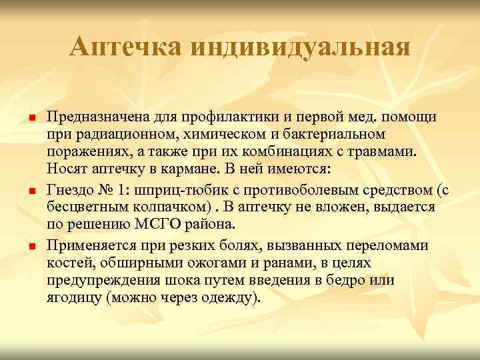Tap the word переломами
point(389,246)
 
